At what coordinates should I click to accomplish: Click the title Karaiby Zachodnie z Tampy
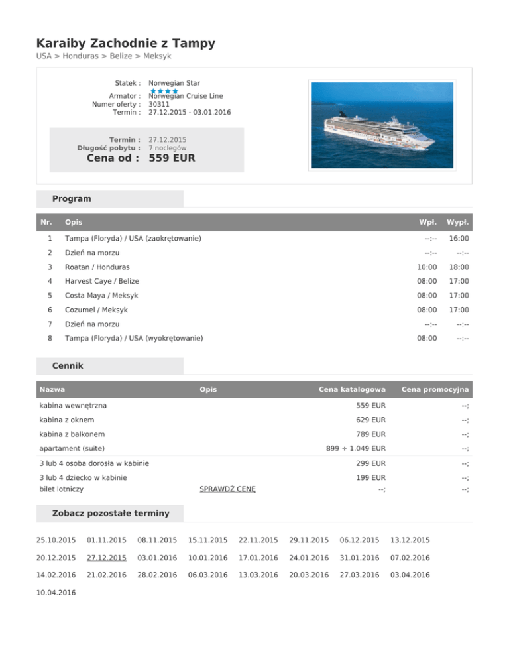125,44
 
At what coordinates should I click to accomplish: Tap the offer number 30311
158,104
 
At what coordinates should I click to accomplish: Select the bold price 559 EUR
172,158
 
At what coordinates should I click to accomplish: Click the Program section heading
72,198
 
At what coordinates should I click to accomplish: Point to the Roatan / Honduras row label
97,267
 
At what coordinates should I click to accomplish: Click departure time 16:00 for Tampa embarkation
458,238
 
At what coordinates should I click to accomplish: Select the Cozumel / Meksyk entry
96,310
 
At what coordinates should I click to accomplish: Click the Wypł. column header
458,222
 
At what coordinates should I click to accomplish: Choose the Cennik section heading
68,365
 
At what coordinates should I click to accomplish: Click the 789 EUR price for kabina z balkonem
370,434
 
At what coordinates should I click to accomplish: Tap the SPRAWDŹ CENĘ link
227,489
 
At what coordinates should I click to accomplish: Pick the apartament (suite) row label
72,449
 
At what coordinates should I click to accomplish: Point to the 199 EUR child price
370,477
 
